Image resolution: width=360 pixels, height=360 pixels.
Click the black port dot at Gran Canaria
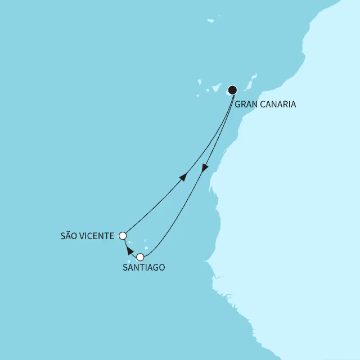(232, 89)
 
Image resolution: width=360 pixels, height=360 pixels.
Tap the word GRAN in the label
(246, 104)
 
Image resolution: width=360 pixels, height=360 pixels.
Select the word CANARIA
(278, 104)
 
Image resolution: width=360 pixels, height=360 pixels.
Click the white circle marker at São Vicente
(123, 236)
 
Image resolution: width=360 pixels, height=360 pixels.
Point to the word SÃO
(70, 236)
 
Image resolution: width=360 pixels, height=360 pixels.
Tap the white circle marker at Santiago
(140, 258)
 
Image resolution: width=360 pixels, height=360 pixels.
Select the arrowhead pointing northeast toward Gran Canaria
(183, 177)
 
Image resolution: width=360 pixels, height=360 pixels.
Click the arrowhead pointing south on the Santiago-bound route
(205, 168)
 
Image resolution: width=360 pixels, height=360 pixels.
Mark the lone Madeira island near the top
(210, 21)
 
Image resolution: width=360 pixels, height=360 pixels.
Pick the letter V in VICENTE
(85, 236)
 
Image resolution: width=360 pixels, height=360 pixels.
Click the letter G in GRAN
(238, 104)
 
